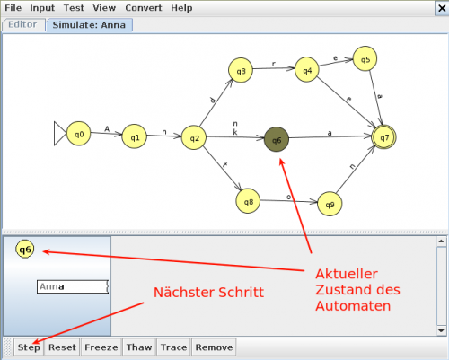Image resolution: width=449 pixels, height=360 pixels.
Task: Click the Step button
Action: pos(29,347)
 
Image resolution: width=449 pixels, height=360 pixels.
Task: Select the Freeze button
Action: pos(101,347)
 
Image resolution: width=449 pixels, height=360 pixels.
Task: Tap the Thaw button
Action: pos(139,347)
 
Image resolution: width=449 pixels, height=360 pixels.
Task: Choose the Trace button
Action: pos(173,347)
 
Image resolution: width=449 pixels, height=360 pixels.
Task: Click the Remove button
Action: pos(214,347)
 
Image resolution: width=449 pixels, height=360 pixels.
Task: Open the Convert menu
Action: pos(144,8)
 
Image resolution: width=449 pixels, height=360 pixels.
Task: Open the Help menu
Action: pos(181,8)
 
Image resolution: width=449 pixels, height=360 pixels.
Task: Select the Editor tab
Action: pos(23,24)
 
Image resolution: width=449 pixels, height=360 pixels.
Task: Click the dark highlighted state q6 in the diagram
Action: pos(277,139)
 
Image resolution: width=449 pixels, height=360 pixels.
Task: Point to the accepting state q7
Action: pos(383,137)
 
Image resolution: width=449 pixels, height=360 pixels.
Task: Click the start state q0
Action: pos(78,134)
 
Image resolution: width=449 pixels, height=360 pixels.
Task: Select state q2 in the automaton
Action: pos(194,137)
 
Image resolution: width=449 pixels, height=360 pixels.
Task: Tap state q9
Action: pos(330,204)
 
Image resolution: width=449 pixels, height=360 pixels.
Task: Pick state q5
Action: pos(365,58)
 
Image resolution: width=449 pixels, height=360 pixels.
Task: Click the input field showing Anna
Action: pos(73,286)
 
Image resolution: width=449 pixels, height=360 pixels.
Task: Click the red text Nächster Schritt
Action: pos(208,293)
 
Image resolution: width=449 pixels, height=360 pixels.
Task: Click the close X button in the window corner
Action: pos(442,8)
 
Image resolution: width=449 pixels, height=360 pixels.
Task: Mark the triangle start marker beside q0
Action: pos(60,134)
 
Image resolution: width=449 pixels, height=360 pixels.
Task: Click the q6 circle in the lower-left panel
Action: pos(25,249)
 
